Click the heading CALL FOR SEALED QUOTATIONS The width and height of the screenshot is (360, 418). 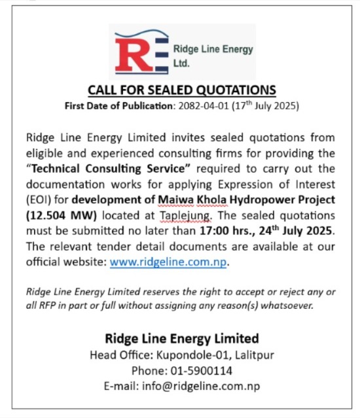click(x=182, y=90)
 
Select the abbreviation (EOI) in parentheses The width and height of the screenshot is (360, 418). click(x=39, y=199)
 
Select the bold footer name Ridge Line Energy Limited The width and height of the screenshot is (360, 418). click(x=182, y=338)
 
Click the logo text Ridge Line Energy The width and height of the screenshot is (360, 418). click(x=213, y=49)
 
